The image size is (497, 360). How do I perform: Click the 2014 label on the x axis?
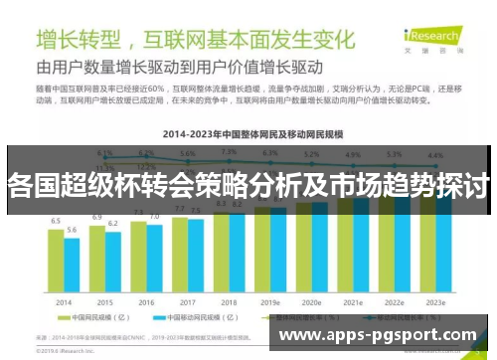click(x=63, y=301)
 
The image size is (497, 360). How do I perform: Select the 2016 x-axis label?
click(x=145, y=301)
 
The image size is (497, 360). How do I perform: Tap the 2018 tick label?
click(x=228, y=301)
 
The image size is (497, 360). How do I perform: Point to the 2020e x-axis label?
click(x=311, y=301)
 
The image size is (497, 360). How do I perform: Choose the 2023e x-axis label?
click(x=435, y=301)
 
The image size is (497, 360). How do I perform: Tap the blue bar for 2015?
click(x=112, y=261)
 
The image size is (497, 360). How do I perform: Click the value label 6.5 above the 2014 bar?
click(x=56, y=221)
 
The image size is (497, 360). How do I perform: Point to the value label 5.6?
click(x=72, y=230)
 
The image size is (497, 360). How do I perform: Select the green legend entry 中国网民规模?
click(x=98, y=319)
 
